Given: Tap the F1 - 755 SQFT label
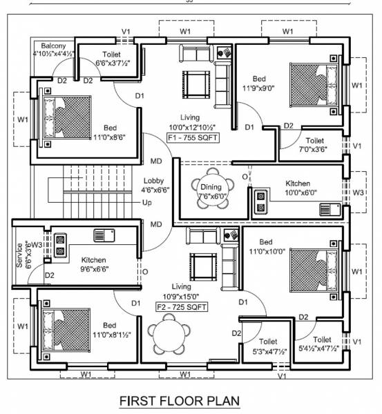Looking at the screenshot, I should tap(191, 138).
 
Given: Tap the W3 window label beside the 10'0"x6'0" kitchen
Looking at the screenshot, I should tap(356, 191).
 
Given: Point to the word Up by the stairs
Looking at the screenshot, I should tap(146, 203).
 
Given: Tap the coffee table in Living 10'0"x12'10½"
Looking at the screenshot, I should tap(195, 83).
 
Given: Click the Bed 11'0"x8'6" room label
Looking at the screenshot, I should tap(110, 132).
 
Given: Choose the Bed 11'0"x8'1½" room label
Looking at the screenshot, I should tap(110, 330).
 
